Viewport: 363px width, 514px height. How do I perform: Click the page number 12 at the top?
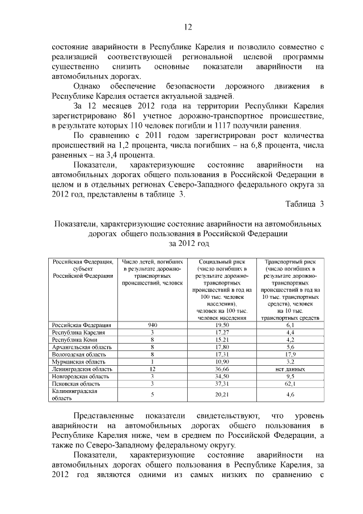coord(188,27)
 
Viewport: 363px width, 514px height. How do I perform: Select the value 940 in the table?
coord(152,325)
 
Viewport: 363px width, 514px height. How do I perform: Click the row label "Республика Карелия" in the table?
coord(77,332)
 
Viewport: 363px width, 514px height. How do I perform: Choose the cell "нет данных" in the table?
coord(289,369)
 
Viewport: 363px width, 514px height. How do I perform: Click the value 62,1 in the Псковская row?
coord(289,383)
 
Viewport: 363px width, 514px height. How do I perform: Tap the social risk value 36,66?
coord(218,369)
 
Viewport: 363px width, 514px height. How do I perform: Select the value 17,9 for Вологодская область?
coord(289,354)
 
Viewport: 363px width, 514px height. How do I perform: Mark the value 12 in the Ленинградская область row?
coord(152,369)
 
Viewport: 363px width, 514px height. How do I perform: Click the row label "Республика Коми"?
coord(72,339)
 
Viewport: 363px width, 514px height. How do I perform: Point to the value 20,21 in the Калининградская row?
coord(218,394)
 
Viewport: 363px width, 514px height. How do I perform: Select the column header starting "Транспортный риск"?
coord(289,261)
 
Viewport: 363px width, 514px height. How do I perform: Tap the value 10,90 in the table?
coord(218,361)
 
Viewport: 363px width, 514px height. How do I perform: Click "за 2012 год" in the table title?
coord(189,244)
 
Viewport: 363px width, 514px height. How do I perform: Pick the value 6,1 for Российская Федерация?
coord(289,325)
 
